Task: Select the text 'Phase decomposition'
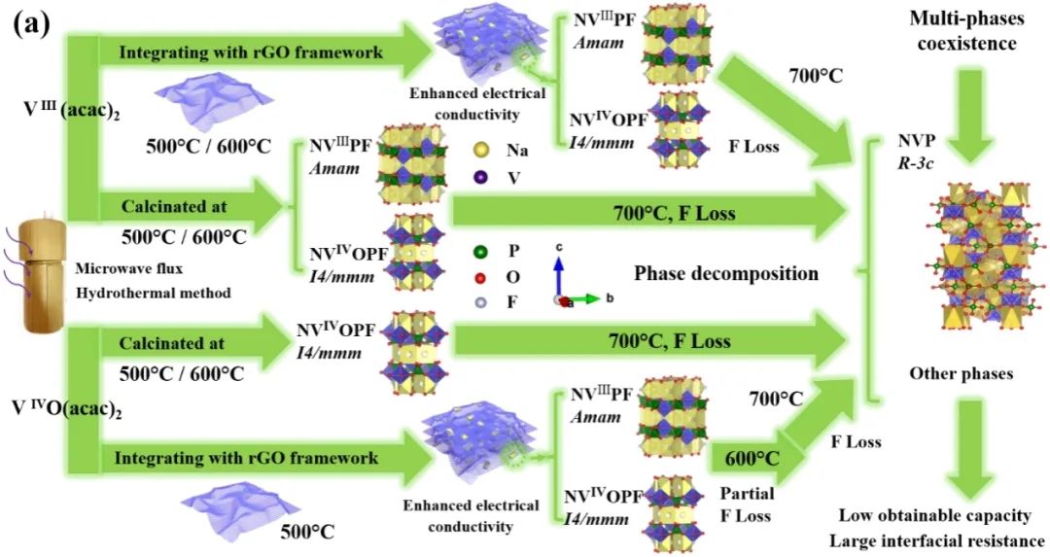point(725,273)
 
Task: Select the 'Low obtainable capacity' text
point(933,515)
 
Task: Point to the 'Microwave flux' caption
point(125,267)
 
